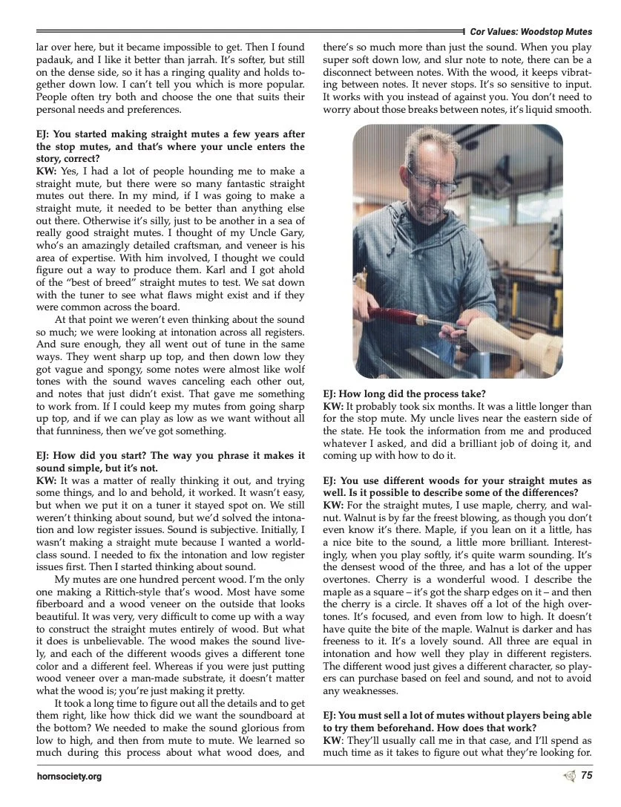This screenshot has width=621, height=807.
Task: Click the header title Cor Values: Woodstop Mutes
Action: [x=530, y=32]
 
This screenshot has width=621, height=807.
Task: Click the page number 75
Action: [x=586, y=776]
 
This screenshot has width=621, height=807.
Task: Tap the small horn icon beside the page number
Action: [x=569, y=776]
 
